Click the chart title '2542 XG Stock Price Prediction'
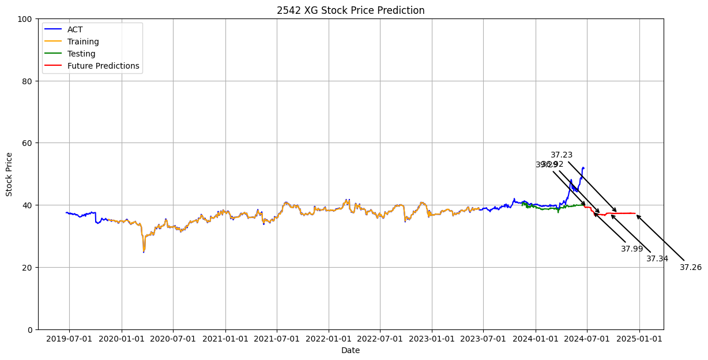click(351, 10)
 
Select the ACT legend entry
click(76, 29)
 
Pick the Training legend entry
click(83, 42)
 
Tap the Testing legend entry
click(81, 54)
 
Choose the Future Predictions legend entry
click(103, 66)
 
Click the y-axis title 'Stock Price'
click(9, 174)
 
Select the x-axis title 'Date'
click(351, 350)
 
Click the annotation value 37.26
click(691, 267)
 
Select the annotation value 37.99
click(632, 249)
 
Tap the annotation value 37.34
click(657, 258)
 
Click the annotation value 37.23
click(562, 155)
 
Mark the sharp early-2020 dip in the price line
click(144, 251)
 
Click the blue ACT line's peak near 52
click(583, 168)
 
